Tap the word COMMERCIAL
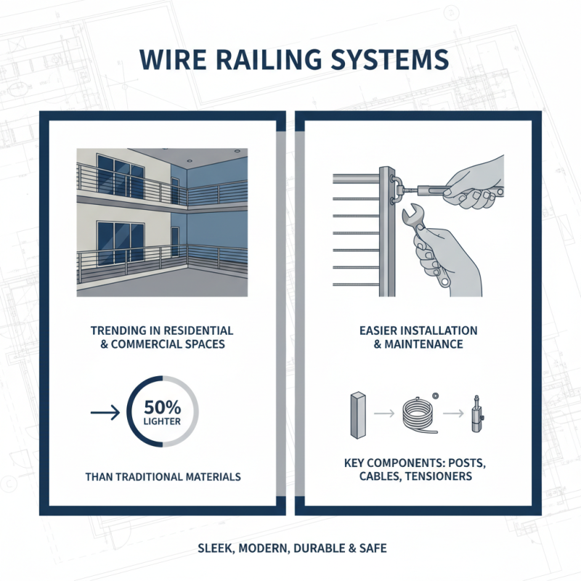pyautogui.click(x=154, y=344)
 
